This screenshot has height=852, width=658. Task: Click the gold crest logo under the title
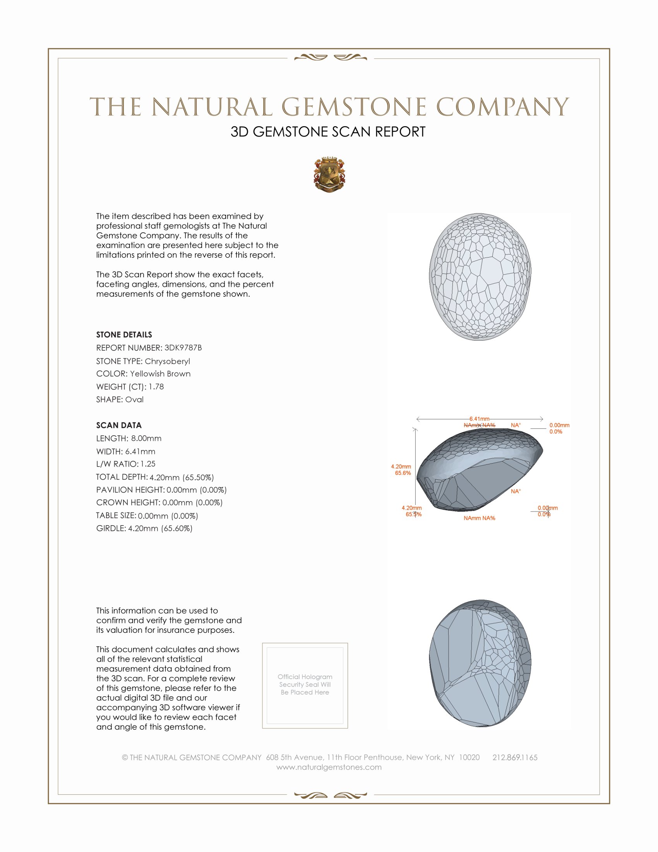coord(329,174)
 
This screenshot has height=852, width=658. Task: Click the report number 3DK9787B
coord(183,348)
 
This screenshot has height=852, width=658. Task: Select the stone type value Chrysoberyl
coord(167,361)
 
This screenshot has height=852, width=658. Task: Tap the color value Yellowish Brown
coord(160,374)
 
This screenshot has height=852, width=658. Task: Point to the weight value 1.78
coord(156,386)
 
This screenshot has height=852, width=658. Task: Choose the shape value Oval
coord(134,400)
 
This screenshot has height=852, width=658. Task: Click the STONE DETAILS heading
coord(124,335)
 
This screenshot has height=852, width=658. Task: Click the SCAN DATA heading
coord(119,425)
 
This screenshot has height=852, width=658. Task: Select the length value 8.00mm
coord(146,438)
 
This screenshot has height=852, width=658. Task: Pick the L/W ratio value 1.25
coord(148,464)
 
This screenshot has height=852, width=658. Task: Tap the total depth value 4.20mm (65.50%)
coord(182,477)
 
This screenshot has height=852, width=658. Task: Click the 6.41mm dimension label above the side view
coord(479,419)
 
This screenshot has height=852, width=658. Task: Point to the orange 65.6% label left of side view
coord(403,473)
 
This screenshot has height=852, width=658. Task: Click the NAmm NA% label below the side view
coord(479,518)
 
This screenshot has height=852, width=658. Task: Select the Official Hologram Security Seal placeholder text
coord(305,684)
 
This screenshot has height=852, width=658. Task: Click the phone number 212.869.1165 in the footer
coord(514,758)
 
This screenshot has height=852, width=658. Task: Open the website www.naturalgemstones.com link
coord(329,767)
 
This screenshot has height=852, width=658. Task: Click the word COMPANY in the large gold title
coord(502,107)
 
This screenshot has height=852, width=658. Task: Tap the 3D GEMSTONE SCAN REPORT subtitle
coord(328,132)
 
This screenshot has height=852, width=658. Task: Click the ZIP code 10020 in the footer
coord(469,758)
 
